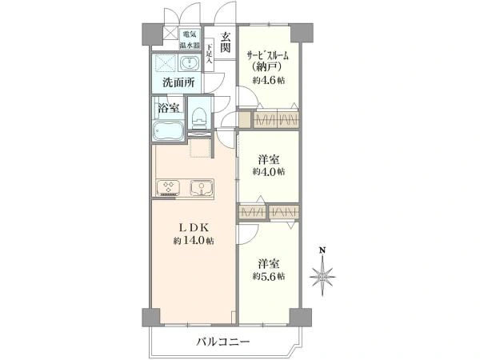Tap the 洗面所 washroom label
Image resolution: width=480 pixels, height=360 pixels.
[178, 82]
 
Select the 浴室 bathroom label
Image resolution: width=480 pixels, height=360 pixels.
[169, 107]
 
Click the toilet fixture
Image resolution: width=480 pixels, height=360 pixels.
[199, 117]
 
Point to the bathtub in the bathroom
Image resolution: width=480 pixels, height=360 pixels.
[168, 130]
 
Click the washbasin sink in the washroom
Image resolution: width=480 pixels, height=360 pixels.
[190, 63]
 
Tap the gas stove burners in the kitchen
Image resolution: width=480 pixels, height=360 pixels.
[168, 188]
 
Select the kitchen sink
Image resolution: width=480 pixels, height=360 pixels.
[201, 187]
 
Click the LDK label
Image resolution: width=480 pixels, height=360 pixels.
[194, 227]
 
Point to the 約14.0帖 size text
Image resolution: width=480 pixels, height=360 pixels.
[194, 241]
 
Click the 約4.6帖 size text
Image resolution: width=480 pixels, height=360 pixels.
[269, 80]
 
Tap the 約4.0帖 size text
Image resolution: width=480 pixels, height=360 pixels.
[269, 172]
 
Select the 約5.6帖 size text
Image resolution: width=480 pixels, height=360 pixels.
[269, 276]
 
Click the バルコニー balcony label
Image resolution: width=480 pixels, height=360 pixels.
[223, 342]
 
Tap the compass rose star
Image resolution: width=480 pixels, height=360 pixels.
[322, 277]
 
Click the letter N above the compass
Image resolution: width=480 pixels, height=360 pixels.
[322, 250]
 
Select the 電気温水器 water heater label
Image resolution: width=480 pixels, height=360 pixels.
[190, 39]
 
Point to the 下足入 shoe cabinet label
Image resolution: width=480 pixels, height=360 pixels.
[209, 54]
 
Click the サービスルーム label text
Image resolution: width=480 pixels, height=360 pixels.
[268, 56]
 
